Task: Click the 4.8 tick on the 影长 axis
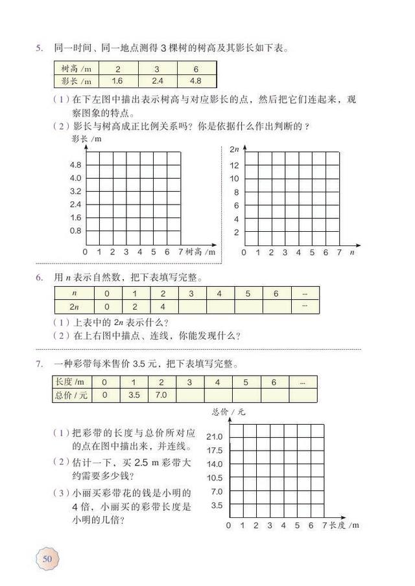75,164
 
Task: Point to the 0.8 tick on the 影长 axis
75,231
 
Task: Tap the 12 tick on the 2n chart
235,165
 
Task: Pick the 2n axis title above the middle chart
235,150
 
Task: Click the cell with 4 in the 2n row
163,306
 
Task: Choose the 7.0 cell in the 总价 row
162,394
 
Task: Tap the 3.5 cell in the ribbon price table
134,394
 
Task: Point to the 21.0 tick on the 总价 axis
214,436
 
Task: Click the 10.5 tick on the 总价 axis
214,477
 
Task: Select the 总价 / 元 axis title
228,412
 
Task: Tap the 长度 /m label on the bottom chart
344,525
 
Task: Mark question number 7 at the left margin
40,363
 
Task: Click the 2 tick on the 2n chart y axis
236,232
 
